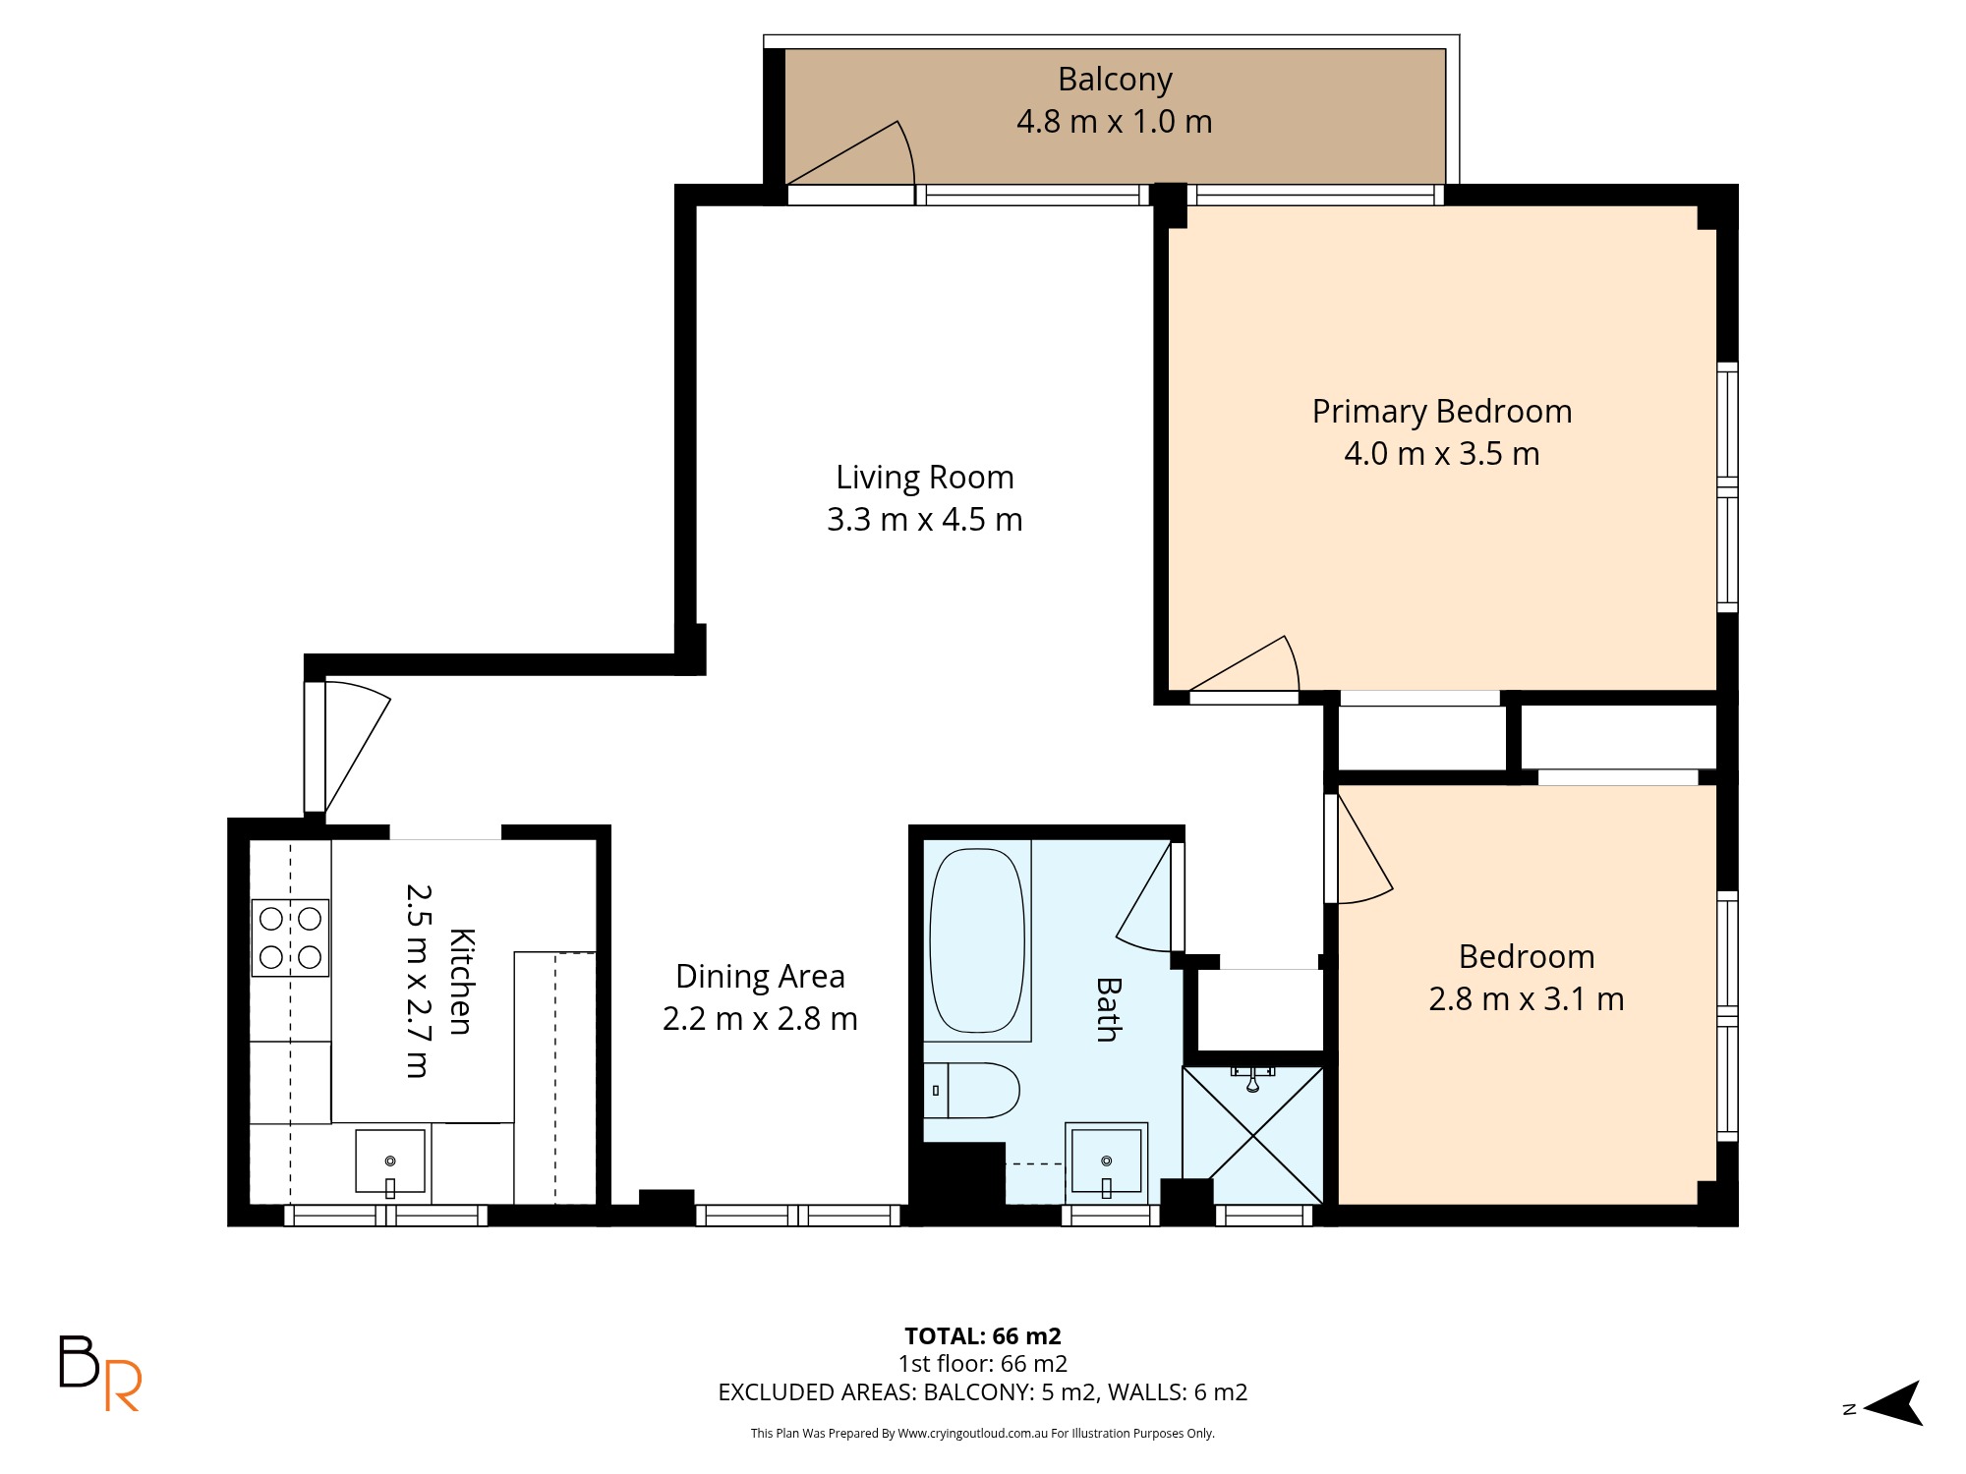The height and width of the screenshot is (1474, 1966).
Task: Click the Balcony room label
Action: pyautogui.click(x=1115, y=80)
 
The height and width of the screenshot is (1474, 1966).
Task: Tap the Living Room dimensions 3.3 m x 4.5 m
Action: pyautogui.click(x=924, y=519)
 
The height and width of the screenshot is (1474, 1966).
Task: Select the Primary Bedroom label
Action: pyautogui.click(x=1442, y=412)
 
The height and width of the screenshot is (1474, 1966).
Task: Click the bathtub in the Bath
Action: pyautogui.click(x=977, y=940)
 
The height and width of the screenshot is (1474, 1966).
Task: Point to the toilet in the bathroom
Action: pyautogui.click(x=971, y=1090)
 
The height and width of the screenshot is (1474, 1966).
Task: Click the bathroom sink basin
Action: pyautogui.click(x=1107, y=1162)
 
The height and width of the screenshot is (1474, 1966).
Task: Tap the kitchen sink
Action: pyautogui.click(x=390, y=1162)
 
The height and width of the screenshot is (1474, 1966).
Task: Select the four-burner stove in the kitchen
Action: pyautogui.click(x=290, y=937)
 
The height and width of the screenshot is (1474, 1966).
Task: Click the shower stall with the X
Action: pyautogui.click(x=1253, y=1135)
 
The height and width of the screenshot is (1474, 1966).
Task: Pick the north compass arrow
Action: pyautogui.click(x=1893, y=1403)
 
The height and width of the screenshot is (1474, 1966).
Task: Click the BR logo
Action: pyautogui.click(x=100, y=1373)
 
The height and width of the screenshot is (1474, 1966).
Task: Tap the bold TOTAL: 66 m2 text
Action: pyautogui.click(x=983, y=1336)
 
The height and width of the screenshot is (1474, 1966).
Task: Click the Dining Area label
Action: pyautogui.click(x=760, y=977)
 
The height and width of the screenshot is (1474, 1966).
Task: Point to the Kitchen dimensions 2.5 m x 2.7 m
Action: pyautogui.click(x=418, y=981)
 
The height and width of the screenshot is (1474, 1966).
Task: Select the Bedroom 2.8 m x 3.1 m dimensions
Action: pyautogui.click(x=1526, y=999)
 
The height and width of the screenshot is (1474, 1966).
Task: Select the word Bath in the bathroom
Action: pyautogui.click(x=1108, y=1009)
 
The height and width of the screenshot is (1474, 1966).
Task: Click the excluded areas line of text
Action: pyautogui.click(x=983, y=1392)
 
